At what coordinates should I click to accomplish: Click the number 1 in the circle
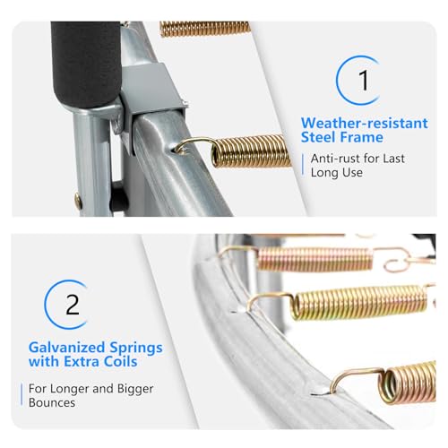(x=364, y=80)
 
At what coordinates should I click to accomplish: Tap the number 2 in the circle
(x=73, y=305)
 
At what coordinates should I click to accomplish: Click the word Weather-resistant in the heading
(x=365, y=123)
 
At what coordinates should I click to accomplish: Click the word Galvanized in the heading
(x=66, y=348)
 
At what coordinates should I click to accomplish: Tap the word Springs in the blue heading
(x=136, y=349)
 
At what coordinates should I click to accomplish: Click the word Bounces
(x=52, y=402)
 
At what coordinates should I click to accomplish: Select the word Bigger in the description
(x=135, y=390)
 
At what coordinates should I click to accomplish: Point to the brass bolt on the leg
(x=79, y=201)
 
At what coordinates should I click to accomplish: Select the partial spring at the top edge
(x=205, y=29)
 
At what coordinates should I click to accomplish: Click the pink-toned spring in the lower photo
(x=315, y=259)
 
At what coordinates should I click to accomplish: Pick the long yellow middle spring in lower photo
(x=359, y=303)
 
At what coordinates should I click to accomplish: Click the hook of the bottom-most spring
(x=357, y=378)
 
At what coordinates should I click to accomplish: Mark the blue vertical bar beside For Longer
(x=22, y=394)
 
